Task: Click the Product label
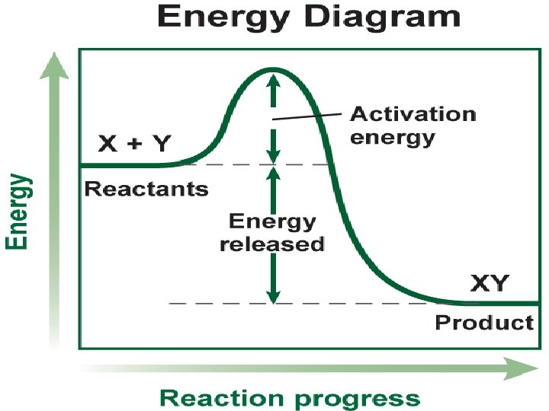point(484,323)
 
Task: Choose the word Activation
point(413,115)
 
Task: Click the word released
point(273,244)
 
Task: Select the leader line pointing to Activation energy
point(305,116)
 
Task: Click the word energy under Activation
point(392,138)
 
